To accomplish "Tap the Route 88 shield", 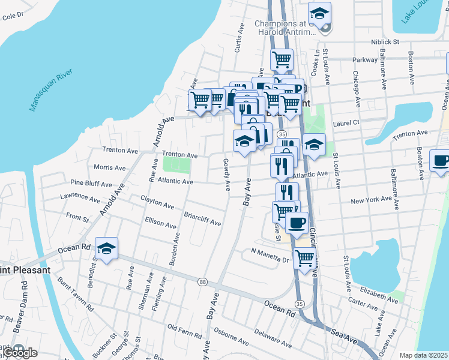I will (x=203, y=283).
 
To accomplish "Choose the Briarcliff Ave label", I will (x=202, y=219).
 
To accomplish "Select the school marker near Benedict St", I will (x=106, y=249).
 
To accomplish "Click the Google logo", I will (x=20, y=353).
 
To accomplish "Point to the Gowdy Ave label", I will (x=227, y=175).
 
